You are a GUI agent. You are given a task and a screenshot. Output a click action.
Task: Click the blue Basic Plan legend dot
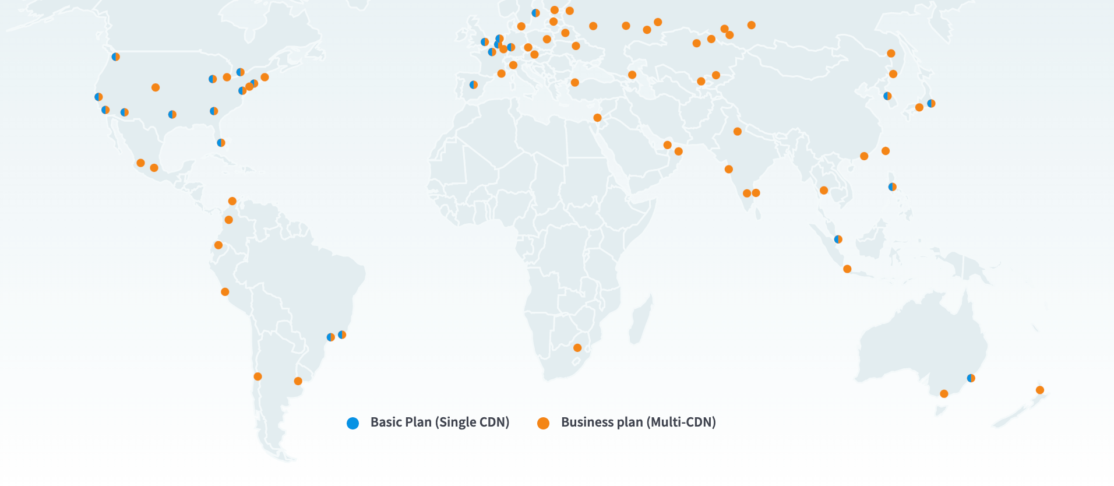(x=352, y=423)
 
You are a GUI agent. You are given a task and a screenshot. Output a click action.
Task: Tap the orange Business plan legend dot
(x=543, y=423)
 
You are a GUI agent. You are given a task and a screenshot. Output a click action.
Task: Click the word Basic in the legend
(x=386, y=422)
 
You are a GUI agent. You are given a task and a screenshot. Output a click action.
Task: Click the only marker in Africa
(x=577, y=348)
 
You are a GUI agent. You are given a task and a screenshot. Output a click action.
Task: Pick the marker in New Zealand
(x=1040, y=390)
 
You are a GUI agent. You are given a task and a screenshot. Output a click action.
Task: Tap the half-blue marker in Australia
(x=971, y=378)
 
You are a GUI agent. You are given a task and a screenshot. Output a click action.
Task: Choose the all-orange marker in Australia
(x=944, y=394)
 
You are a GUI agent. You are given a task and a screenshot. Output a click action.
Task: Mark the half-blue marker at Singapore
(x=838, y=239)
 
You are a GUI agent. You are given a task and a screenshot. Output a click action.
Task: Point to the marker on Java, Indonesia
(x=847, y=269)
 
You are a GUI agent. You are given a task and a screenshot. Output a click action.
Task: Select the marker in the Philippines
(x=892, y=187)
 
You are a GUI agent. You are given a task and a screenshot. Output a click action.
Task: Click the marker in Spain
(x=474, y=85)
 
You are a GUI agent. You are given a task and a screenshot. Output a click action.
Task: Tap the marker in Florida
(x=221, y=143)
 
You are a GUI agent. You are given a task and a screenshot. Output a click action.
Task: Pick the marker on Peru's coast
(x=225, y=292)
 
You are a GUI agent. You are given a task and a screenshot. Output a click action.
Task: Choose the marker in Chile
(x=258, y=376)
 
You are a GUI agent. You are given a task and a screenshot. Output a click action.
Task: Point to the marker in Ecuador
(x=218, y=245)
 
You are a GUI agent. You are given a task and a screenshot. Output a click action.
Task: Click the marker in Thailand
(x=824, y=190)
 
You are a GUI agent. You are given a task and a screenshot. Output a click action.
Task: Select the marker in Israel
(x=597, y=118)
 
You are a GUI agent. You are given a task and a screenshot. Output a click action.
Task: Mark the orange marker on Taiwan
(x=886, y=151)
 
